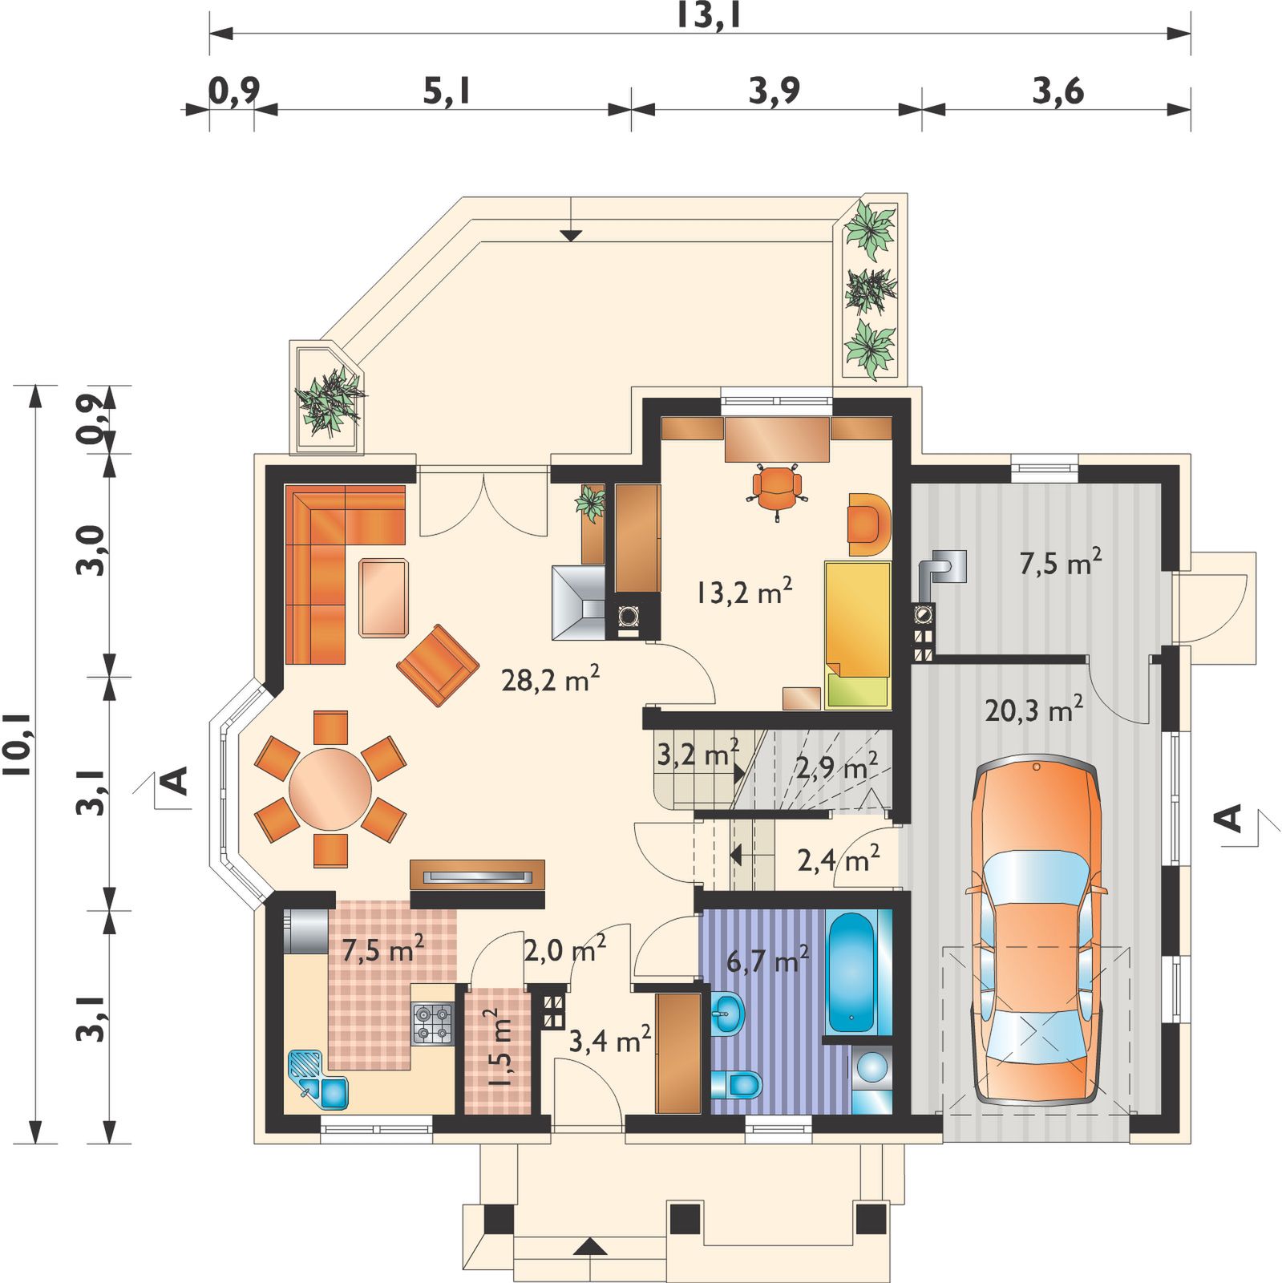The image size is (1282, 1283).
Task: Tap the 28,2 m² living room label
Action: click(x=551, y=680)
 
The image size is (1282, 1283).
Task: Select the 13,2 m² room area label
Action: click(x=744, y=593)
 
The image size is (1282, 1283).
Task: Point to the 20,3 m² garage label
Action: click(x=1034, y=709)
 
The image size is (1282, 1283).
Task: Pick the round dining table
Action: click(x=330, y=789)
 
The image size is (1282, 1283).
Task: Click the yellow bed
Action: click(x=858, y=635)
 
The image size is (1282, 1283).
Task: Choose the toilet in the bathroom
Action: click(x=737, y=1084)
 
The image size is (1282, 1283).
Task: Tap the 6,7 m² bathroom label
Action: click(x=766, y=958)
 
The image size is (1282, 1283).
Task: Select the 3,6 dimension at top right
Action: click(x=1058, y=92)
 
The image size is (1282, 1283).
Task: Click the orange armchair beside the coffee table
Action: click(x=438, y=666)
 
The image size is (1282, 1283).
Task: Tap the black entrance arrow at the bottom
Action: click(x=589, y=1245)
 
